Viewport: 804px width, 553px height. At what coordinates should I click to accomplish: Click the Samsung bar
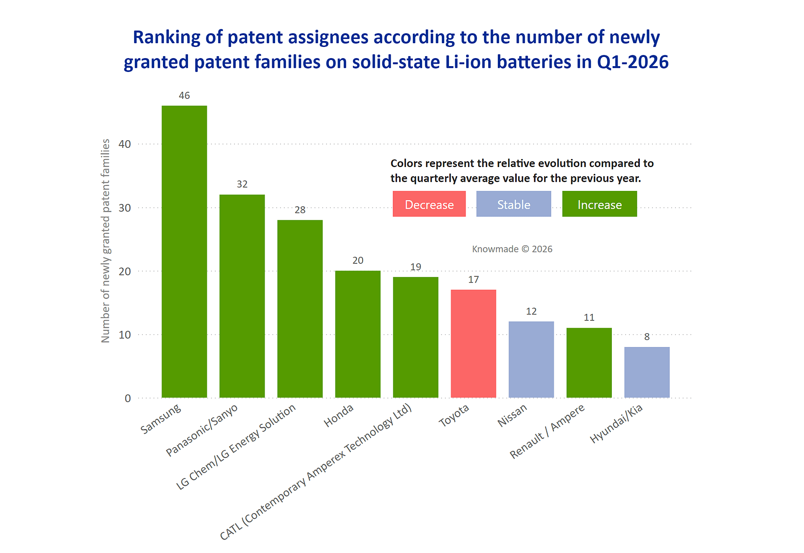[x=184, y=251]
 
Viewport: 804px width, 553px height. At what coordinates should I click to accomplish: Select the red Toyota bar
[x=473, y=343]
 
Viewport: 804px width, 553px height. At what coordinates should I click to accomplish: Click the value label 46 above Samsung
[x=184, y=96]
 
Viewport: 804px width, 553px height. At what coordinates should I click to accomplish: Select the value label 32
[x=242, y=185]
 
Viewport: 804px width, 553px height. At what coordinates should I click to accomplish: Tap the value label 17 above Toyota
[x=473, y=280]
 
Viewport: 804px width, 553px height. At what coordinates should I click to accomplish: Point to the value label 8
[x=647, y=337]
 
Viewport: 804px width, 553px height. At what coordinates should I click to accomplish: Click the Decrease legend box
[x=429, y=204]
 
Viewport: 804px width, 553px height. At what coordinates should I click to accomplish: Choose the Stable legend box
[x=513, y=204]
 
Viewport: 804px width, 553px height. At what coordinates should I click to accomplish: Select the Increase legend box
[x=599, y=204]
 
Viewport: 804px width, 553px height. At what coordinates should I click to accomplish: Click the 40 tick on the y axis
[x=125, y=144]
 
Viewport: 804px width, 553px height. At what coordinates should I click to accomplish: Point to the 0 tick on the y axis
[x=128, y=399]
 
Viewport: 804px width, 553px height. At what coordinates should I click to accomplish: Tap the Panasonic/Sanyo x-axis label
[x=202, y=430]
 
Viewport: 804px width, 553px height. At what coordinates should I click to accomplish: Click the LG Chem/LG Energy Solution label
[x=236, y=447]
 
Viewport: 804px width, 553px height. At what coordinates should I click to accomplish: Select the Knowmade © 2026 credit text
[x=512, y=249]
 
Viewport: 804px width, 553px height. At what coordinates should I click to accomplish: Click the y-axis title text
[x=106, y=241]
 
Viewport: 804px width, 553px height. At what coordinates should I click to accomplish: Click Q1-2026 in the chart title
[x=633, y=62]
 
